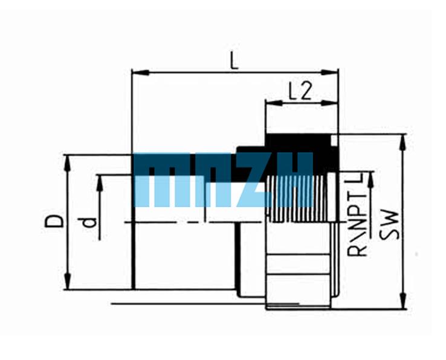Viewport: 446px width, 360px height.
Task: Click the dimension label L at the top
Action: [234, 61]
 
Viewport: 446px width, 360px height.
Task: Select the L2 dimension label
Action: [300, 91]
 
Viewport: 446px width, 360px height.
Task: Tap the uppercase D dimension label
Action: [54, 221]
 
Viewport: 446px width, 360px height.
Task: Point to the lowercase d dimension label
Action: [89, 223]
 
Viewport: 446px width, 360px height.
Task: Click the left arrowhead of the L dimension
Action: [140, 72]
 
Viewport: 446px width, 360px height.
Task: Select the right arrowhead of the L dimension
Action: [330, 72]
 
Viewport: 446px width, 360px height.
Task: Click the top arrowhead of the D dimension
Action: [68, 164]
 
